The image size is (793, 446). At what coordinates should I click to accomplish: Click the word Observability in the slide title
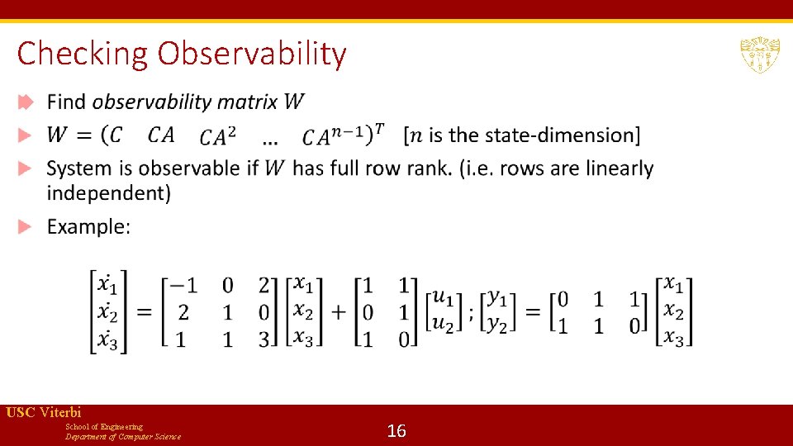[x=252, y=55]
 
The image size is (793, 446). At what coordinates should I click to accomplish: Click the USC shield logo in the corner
[x=759, y=55]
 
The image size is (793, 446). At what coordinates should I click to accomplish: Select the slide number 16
[x=396, y=430]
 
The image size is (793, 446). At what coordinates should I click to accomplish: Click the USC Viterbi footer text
[x=44, y=412]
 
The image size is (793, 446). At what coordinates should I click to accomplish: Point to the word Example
[x=88, y=226]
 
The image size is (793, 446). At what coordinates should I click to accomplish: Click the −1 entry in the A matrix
[x=183, y=285]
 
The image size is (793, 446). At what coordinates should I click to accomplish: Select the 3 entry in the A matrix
[x=264, y=339]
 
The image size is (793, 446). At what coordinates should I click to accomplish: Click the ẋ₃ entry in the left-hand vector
[x=107, y=338]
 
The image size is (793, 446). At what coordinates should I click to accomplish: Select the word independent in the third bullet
[x=109, y=193]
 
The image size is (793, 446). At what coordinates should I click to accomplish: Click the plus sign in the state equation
[x=340, y=311]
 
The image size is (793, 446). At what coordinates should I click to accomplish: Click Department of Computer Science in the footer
[x=123, y=437]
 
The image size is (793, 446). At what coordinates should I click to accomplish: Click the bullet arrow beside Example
[x=26, y=226]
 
